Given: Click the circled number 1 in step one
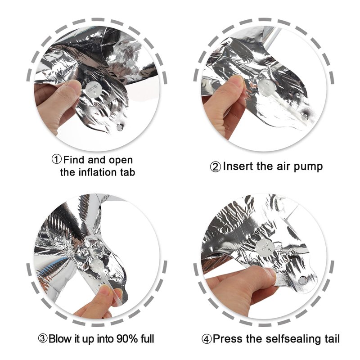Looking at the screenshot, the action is [57, 159].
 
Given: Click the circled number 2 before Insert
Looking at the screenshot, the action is [216, 166].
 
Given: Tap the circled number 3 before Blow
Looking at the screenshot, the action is [43, 339].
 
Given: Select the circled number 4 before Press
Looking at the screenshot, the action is [207, 339].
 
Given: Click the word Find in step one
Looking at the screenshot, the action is [74, 160].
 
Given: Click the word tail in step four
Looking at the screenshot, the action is [332, 339].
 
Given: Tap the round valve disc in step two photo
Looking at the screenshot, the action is [266, 87].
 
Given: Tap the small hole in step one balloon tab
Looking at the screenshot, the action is [120, 127].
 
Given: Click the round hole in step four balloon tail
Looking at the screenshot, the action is [302, 280].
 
